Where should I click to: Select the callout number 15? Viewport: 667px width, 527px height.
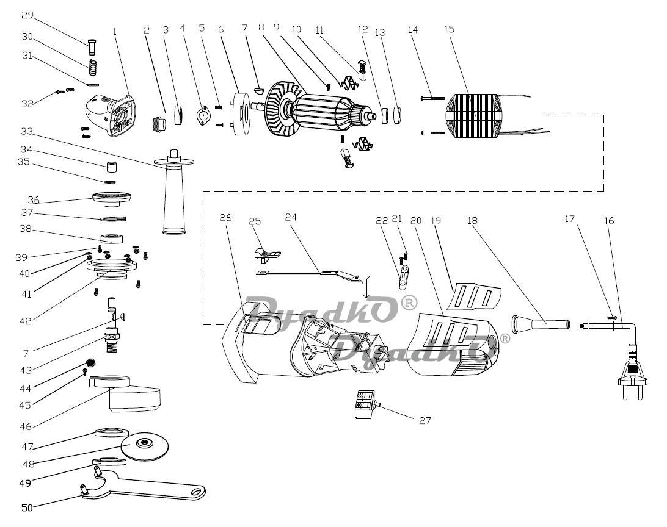pyautogui.click(x=449, y=29)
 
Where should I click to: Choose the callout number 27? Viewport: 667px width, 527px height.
pyautogui.click(x=425, y=420)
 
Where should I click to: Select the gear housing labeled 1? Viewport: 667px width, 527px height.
pyautogui.click(x=111, y=115)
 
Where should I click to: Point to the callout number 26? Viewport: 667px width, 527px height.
pyautogui.click(x=225, y=217)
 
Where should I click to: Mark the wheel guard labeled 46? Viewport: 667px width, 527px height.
pyautogui.click(x=125, y=393)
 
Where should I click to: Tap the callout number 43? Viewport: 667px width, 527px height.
pyautogui.click(x=26, y=370)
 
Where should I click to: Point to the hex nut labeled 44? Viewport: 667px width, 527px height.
pyautogui.click(x=90, y=363)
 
